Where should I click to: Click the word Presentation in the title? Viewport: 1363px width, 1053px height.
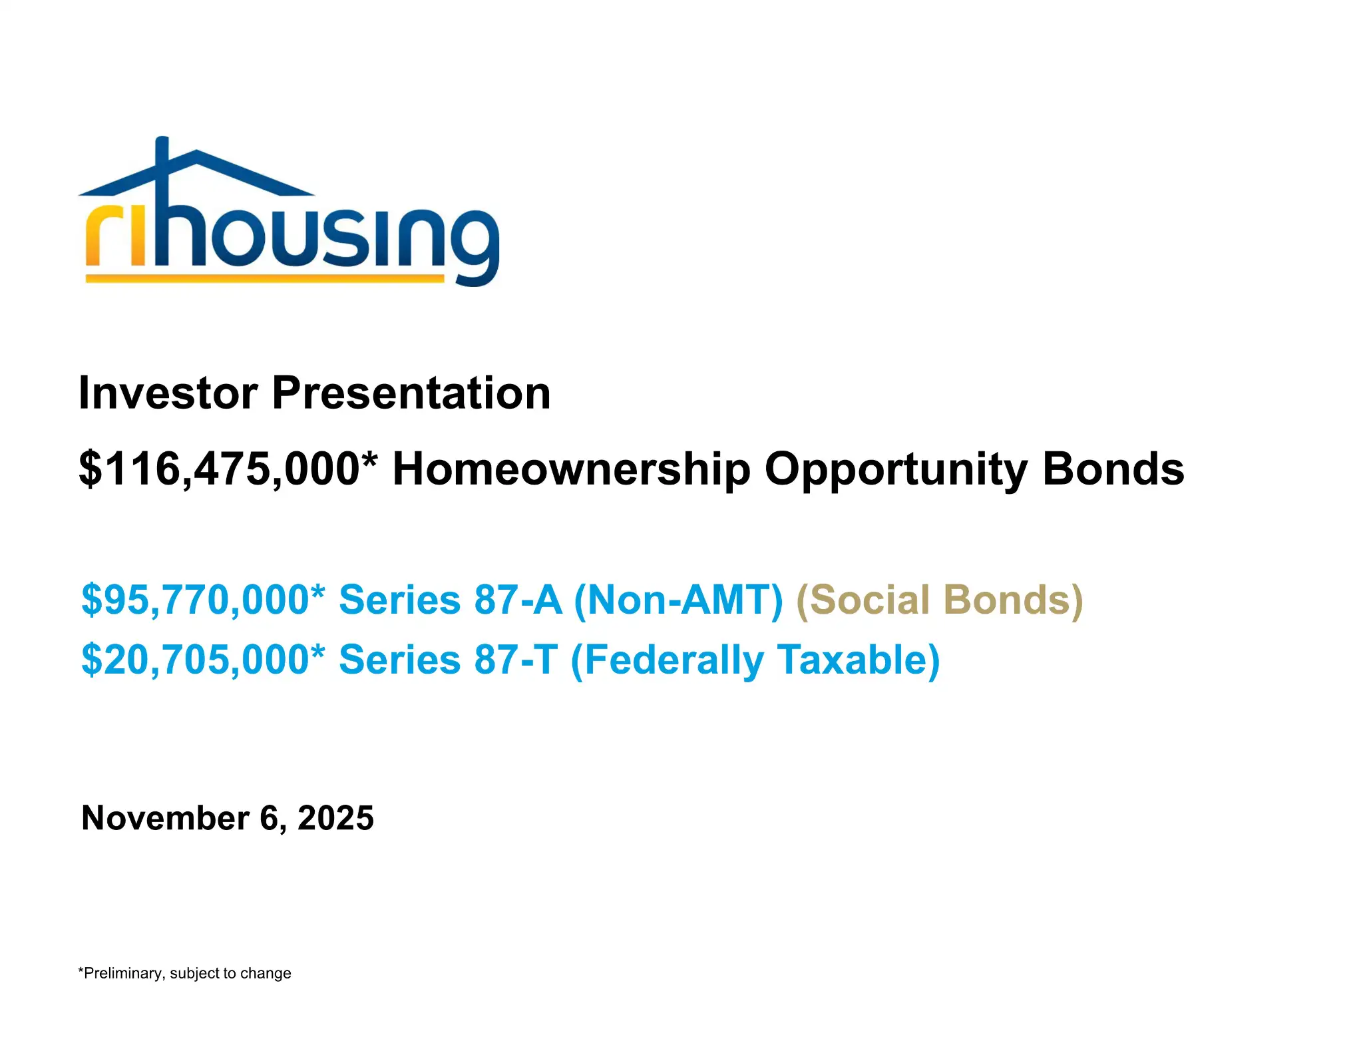point(411,393)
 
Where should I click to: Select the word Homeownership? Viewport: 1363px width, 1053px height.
point(571,470)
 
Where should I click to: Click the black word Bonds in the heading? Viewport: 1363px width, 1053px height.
point(1113,470)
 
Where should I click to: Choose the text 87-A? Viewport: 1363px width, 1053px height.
point(518,600)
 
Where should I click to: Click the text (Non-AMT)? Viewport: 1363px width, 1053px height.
point(678,600)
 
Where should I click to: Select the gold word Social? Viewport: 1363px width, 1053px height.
point(863,600)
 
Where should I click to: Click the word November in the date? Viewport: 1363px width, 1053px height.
point(165,818)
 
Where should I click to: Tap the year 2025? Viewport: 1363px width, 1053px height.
point(335,818)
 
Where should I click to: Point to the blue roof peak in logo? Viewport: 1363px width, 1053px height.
point(195,155)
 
